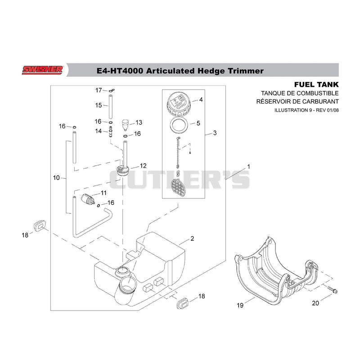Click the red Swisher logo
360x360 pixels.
coord(42,70)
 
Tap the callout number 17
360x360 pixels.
coord(99,90)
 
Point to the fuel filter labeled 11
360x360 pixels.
coord(88,199)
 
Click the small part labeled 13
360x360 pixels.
coord(125,125)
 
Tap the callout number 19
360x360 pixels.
coord(240,305)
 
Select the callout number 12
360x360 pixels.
coord(143,166)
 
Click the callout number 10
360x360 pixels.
coord(56,178)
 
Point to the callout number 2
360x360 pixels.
coord(192,238)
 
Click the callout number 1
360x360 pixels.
coord(248,166)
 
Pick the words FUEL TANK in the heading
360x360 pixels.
coord(316,85)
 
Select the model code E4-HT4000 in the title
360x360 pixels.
coord(119,71)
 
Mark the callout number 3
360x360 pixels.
coord(215,133)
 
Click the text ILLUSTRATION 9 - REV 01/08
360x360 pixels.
coord(306,110)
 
